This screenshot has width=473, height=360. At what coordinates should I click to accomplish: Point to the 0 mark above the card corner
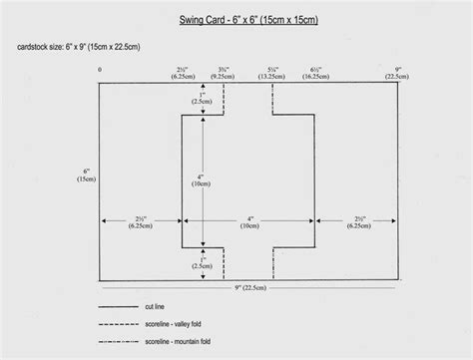click(100, 70)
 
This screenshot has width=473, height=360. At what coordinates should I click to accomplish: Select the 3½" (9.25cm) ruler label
click(224, 73)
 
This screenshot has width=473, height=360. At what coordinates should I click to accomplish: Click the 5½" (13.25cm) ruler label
click(272, 73)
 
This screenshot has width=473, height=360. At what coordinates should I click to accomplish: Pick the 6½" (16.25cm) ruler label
click(314, 73)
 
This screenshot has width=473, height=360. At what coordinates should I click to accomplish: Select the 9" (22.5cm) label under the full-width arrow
click(245, 288)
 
